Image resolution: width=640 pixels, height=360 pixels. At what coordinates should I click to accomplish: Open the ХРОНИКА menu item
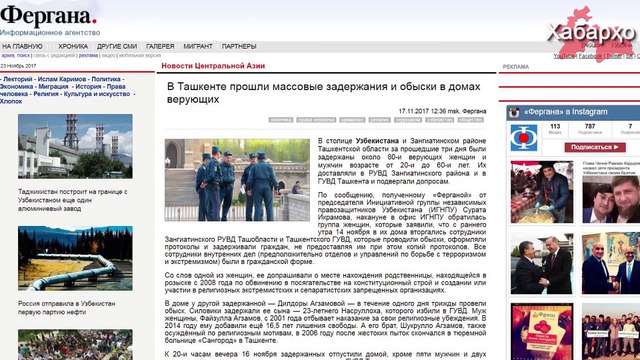pos(72,46)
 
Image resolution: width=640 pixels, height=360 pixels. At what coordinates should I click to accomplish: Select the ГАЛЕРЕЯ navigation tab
pos(160,46)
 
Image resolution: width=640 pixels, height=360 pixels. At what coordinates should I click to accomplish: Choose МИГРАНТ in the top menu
pos(198,46)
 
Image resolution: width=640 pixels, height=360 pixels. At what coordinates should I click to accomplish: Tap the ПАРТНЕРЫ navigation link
pos(239,46)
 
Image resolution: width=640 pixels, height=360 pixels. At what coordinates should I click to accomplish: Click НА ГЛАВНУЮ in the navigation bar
pos(22,46)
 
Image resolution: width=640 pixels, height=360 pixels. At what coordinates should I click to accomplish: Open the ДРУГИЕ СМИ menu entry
pos(117,46)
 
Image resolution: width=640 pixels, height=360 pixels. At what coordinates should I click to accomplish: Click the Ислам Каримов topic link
pos(62,78)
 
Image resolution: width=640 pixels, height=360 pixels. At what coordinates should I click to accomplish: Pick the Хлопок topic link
pos(12,101)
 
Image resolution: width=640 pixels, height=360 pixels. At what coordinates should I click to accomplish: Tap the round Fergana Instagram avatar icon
pos(519,131)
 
